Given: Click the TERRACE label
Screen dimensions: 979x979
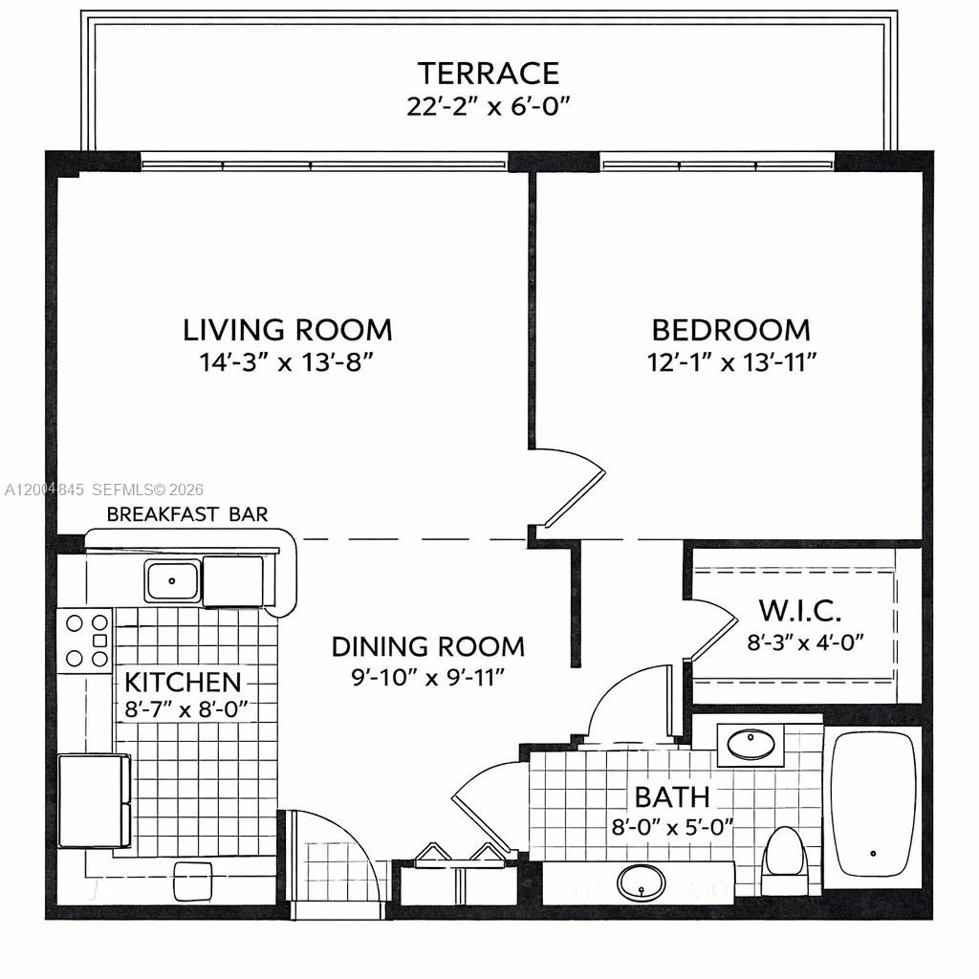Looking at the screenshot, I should pyautogui.click(x=488, y=73).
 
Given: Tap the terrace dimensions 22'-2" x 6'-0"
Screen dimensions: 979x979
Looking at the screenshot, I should pyautogui.click(x=488, y=105).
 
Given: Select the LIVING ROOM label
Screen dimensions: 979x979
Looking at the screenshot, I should pyautogui.click(x=288, y=330).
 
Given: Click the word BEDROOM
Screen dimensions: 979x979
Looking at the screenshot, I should pyautogui.click(x=730, y=330).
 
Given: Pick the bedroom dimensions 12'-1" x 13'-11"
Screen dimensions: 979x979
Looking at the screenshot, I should pyautogui.click(x=730, y=361).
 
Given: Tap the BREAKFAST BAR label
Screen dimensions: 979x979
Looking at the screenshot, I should pyautogui.click(x=187, y=514).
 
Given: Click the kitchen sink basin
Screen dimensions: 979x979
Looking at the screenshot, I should pyautogui.click(x=172, y=580).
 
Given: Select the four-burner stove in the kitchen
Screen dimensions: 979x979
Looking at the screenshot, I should pyautogui.click(x=85, y=640).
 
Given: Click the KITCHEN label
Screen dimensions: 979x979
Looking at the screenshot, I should pyautogui.click(x=183, y=683).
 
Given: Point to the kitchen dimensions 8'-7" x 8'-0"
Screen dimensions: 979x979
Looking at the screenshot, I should pyautogui.click(x=186, y=708).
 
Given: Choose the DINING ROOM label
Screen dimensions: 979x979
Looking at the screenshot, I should pyautogui.click(x=427, y=646).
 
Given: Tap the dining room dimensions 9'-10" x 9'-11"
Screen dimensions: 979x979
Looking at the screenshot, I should pyautogui.click(x=427, y=677).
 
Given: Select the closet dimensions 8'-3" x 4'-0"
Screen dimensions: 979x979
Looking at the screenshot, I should pyautogui.click(x=805, y=641).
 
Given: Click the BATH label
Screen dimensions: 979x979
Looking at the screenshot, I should pyautogui.click(x=672, y=795).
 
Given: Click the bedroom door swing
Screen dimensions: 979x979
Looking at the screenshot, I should pyautogui.click(x=569, y=488).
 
